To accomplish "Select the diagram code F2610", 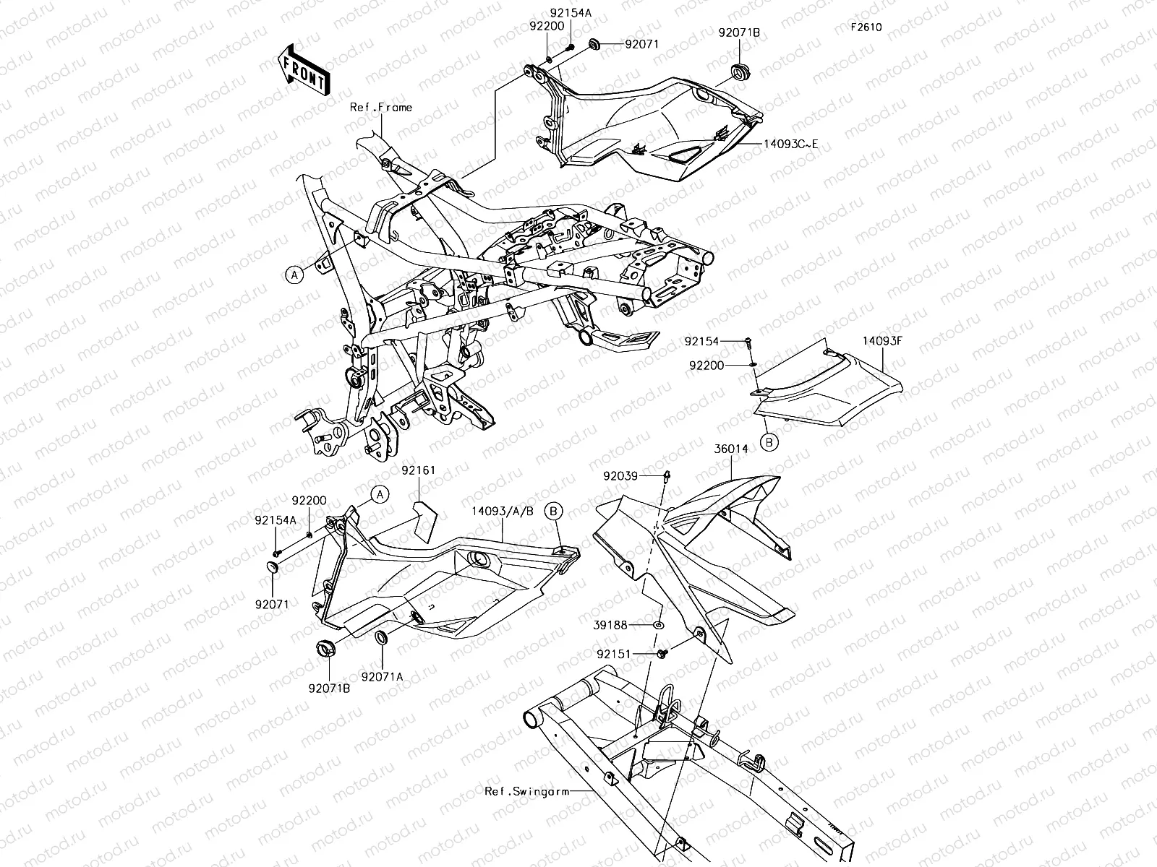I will [866, 27].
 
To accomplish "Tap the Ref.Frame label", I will [381, 107].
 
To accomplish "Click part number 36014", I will [733, 449].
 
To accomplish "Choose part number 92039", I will [620, 475].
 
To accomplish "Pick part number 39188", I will [612, 624].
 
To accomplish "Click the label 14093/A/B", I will [503, 510].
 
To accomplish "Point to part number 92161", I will [419, 470].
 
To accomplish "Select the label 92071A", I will [383, 676].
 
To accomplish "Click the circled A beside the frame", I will [293, 275].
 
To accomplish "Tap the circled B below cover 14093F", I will [770, 442].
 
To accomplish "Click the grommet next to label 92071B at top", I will [740, 72].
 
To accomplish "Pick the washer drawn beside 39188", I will [659, 624].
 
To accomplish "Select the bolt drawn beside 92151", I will [662, 654].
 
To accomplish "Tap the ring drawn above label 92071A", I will [380, 638].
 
